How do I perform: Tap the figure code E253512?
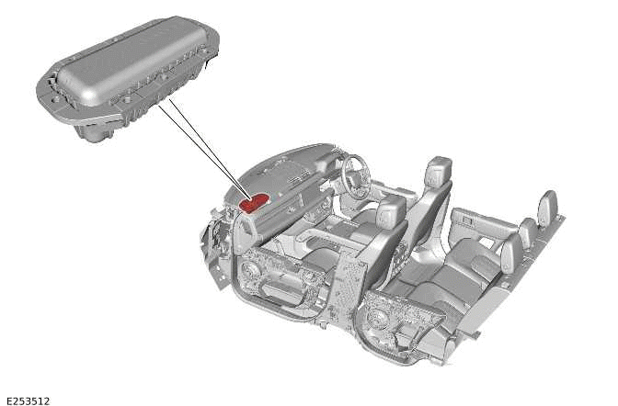(x=28, y=400)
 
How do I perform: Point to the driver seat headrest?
(x=439, y=170)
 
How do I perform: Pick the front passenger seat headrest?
(x=392, y=213)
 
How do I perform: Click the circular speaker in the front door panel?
(x=253, y=272)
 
